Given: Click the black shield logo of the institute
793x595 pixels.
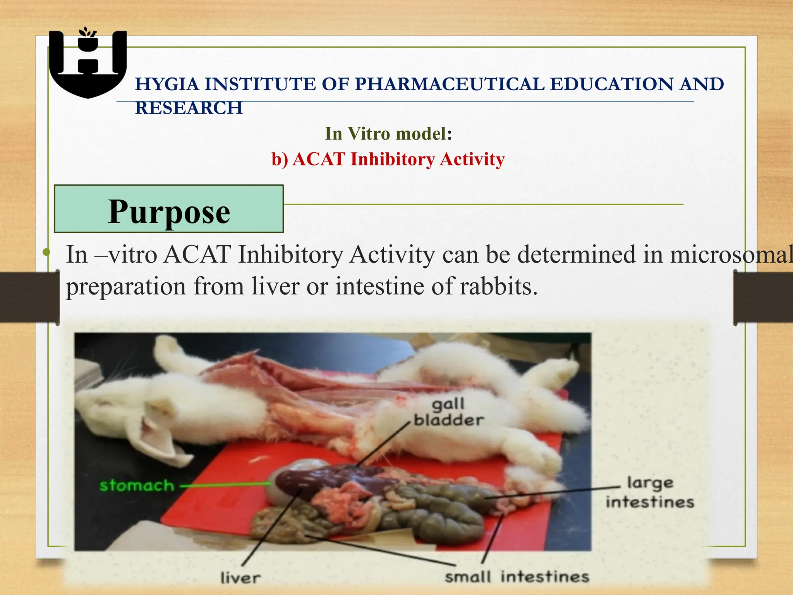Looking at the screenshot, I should pos(88,64).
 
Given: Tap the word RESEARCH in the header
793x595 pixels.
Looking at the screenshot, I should pos(189,108).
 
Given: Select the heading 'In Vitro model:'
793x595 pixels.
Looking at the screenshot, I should pos(388,134).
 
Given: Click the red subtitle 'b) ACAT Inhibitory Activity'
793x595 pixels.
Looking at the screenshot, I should pos(388,159).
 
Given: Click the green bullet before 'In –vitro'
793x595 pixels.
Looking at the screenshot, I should pos(46,253).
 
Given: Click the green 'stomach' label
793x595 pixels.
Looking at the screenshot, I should pos(137,485).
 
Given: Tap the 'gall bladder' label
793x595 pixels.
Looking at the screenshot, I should pos(448,412).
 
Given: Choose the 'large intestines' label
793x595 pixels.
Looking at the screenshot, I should pos(650,492).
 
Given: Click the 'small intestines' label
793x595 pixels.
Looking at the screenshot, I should pos(517,576).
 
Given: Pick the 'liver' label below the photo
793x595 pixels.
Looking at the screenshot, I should pos(240,578).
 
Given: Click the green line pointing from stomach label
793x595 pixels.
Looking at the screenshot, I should pos(225,484).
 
